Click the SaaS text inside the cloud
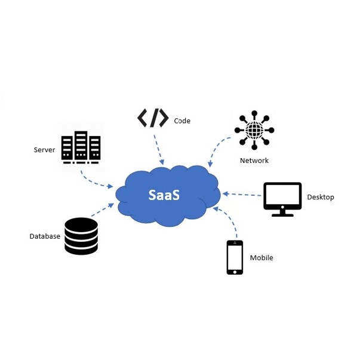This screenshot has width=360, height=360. point(164,195)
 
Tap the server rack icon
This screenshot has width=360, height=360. point(81,147)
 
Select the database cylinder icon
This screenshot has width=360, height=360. point(81,236)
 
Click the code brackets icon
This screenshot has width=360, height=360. point(153,118)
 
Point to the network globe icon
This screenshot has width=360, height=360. point(254,130)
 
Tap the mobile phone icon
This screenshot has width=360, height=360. point(235,257)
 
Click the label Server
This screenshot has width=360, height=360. point(44,150)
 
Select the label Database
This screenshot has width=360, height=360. point(45,236)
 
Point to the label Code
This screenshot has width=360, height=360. point(182,121)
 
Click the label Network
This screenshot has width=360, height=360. point(254,161)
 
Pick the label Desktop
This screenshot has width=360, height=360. point(321,197)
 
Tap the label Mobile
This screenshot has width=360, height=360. point(261,258)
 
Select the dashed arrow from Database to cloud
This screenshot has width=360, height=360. point(102,210)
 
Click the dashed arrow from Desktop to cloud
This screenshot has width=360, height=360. point(241,194)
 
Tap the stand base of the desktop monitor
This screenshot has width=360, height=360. point(282,214)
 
